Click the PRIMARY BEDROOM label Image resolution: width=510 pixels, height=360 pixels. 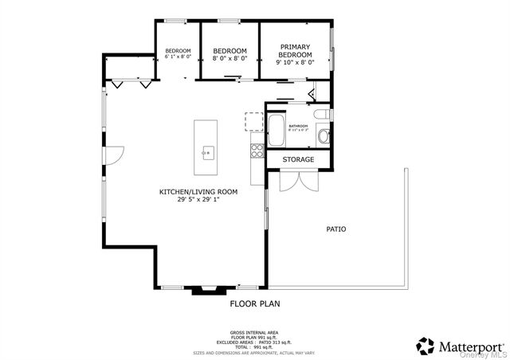coord(295,50)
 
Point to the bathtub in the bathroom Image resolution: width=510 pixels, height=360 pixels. coord(276,131)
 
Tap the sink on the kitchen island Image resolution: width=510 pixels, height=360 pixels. coord(207,151)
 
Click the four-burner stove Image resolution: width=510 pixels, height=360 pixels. coord(257,147)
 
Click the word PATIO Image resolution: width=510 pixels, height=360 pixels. coord(336,229)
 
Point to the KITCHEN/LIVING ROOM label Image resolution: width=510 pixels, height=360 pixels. coord(198,192)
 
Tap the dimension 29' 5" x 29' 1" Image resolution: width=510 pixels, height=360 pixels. coord(198,200)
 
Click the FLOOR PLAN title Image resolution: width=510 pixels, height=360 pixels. coord(255,303)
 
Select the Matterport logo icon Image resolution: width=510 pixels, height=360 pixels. coord(426,346)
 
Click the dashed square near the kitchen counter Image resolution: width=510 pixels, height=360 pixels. coord(254,121)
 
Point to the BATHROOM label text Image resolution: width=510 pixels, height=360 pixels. coord(299,126)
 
